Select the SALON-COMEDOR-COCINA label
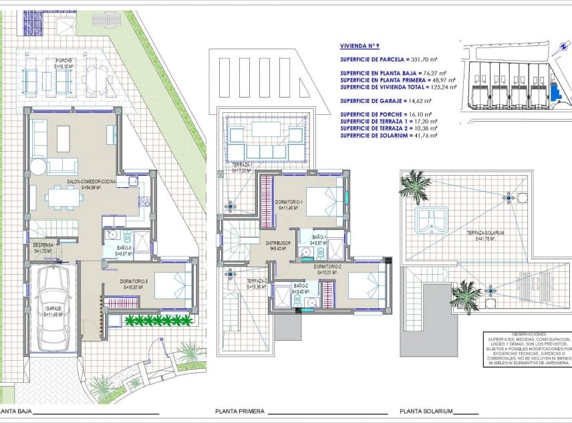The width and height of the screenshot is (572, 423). tap(92, 184)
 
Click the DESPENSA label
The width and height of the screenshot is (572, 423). tap(40, 248)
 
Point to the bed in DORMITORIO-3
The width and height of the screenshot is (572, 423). tap(172, 285)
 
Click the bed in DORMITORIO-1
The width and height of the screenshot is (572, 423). tap(326, 200)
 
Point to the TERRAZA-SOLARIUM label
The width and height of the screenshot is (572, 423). tap(485, 235)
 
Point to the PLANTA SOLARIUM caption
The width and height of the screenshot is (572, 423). tap(426, 412)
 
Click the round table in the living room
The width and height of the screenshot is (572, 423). tap(37, 166)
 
